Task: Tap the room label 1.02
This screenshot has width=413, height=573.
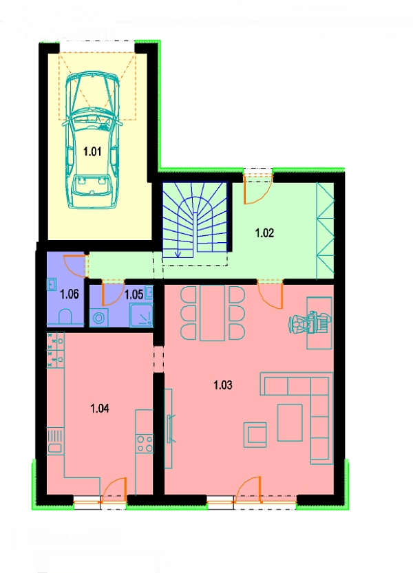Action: pyautogui.click(x=264, y=233)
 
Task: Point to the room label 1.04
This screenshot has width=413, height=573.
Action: pyautogui.click(x=100, y=408)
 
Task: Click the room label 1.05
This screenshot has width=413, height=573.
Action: pyautogui.click(x=134, y=294)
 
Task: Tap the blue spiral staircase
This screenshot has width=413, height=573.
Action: pyautogui.click(x=194, y=222)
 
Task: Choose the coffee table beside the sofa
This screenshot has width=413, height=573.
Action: pyautogui.click(x=289, y=422)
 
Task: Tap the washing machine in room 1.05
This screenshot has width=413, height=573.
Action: pyautogui.click(x=99, y=317)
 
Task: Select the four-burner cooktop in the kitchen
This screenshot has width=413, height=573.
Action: pyautogui.click(x=145, y=443)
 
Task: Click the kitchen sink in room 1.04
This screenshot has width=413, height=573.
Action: pyautogui.click(x=54, y=442)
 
